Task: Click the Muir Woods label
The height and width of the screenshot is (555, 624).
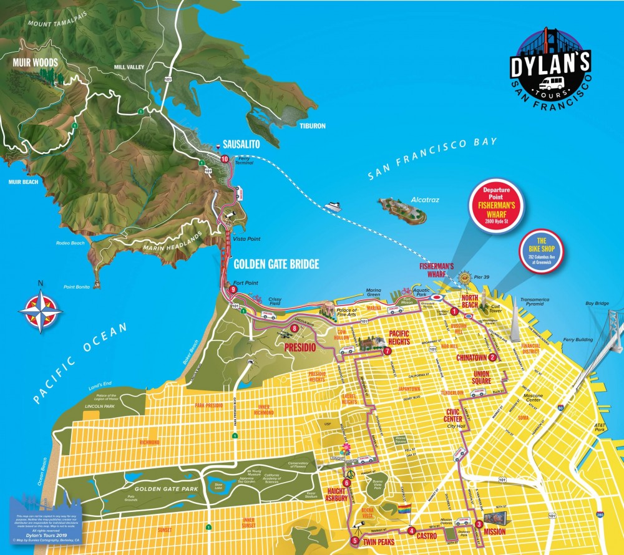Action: click(x=35, y=63)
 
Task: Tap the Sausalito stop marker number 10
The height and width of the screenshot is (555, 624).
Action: click(x=225, y=159)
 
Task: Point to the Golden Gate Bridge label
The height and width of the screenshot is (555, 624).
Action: click(x=276, y=264)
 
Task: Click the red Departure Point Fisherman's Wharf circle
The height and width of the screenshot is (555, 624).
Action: click(x=497, y=206)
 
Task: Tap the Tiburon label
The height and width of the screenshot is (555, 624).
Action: click(x=312, y=126)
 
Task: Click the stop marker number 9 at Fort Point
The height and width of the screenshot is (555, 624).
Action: click(x=233, y=289)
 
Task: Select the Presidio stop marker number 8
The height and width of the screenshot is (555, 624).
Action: click(x=294, y=329)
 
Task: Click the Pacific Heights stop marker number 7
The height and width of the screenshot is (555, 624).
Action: click(x=387, y=350)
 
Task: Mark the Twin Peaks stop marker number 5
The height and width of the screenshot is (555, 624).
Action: click(x=354, y=541)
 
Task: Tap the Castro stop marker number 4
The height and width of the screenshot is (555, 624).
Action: click(x=411, y=531)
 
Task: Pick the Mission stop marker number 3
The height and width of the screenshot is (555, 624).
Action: click(x=479, y=524)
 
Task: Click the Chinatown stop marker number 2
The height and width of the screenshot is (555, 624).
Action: click(x=492, y=357)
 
